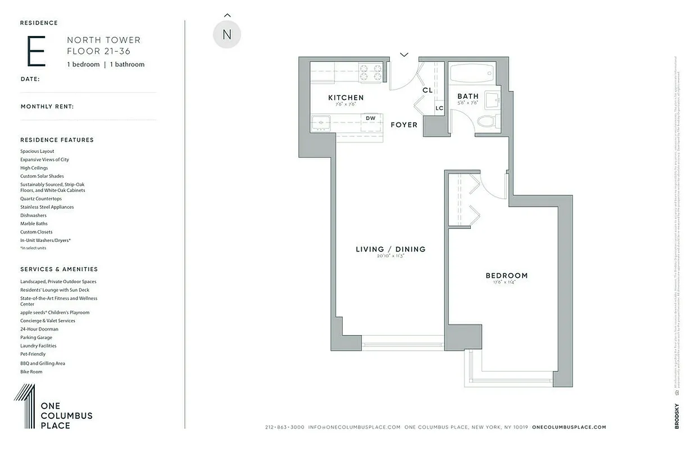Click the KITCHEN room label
346,98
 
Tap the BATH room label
467,97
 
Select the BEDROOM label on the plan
506,276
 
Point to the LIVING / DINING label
390,249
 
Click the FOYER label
404,125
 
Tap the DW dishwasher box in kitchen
370,118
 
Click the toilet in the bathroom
486,121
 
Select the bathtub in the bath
471,73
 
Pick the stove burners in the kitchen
371,74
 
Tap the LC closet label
439,108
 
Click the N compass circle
227,35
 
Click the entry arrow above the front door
404,54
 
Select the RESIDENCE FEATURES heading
57,140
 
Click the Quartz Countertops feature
41,199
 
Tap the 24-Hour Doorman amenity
39,329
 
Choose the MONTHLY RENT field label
47,107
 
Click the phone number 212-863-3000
284,427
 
